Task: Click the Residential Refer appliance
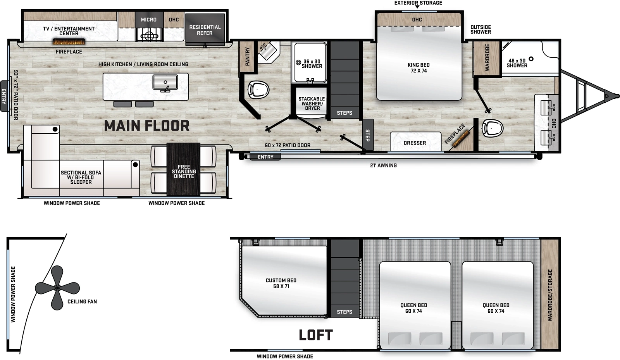205,30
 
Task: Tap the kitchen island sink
165,83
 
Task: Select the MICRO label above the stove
149,19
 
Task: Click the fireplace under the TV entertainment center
69,42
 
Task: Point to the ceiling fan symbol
57,288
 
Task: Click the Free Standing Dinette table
183,169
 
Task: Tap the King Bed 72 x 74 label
418,68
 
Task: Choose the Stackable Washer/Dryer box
312,103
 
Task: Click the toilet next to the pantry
258,90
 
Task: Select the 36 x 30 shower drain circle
298,62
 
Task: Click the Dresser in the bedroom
415,142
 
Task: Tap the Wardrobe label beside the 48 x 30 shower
487,57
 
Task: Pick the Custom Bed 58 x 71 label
281,283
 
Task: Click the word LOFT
315,335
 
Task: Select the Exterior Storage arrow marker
417,7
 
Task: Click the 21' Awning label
383,165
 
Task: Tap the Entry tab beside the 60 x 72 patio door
265,157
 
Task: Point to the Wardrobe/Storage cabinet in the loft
550,295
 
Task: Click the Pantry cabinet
247,57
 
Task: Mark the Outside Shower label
480,29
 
